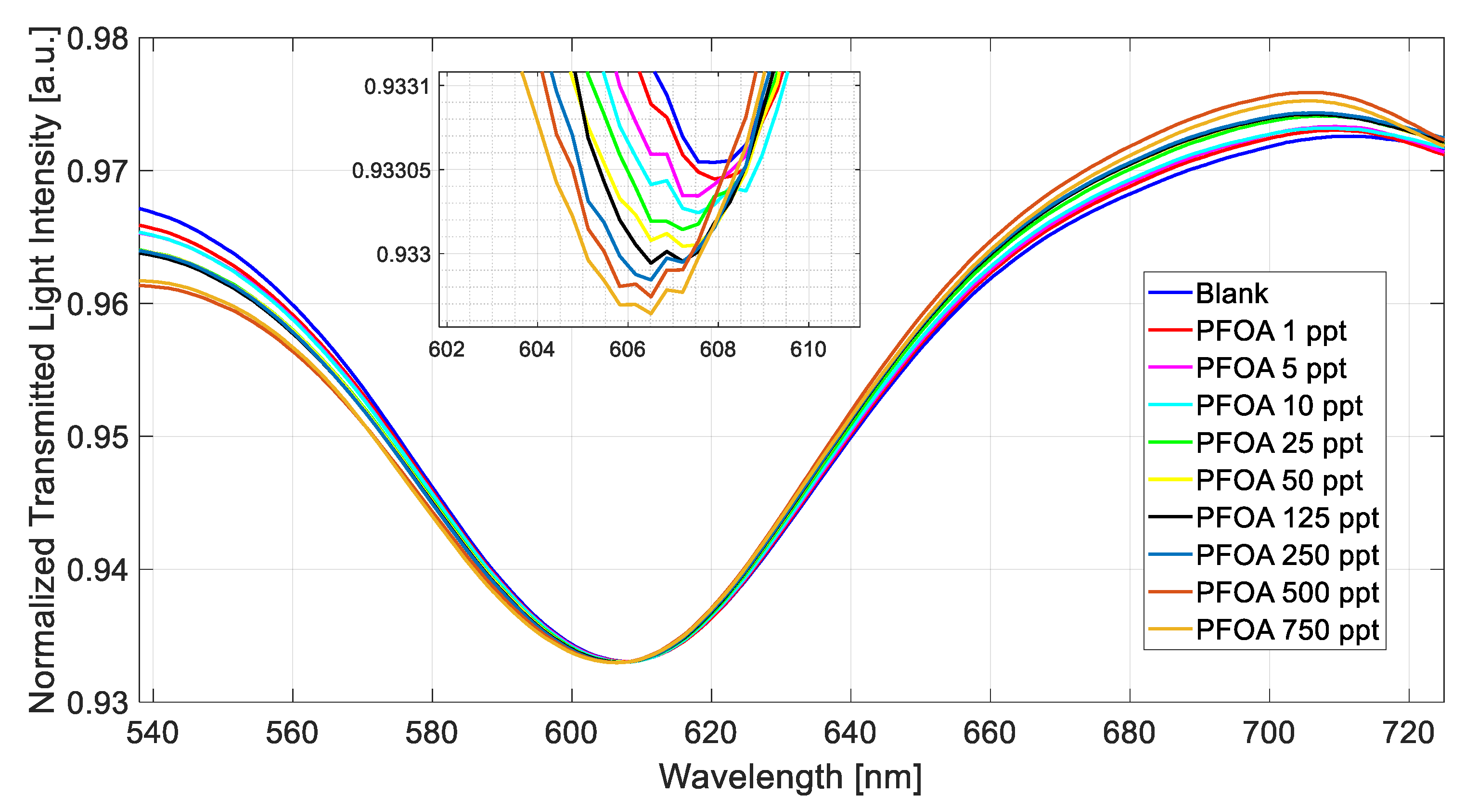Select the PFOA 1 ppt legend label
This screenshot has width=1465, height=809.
[1271, 331]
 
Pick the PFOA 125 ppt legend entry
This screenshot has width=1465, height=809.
[1286, 518]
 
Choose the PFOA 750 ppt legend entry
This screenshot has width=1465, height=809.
[1286, 630]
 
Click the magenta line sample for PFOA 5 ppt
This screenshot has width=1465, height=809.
[1170, 368]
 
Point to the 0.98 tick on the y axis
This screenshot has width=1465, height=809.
[98, 39]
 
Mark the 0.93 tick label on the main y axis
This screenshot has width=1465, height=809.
[98, 703]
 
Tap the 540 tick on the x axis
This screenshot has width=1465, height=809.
[153, 733]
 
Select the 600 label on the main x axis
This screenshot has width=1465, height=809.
[571, 733]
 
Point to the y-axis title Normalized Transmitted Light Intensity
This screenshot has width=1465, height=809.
[43, 370]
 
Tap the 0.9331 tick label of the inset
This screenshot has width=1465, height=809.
[398, 87]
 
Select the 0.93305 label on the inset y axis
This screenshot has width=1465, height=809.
[391, 170]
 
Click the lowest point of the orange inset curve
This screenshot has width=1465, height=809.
[651, 314]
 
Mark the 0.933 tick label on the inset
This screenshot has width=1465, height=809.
[404, 255]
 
